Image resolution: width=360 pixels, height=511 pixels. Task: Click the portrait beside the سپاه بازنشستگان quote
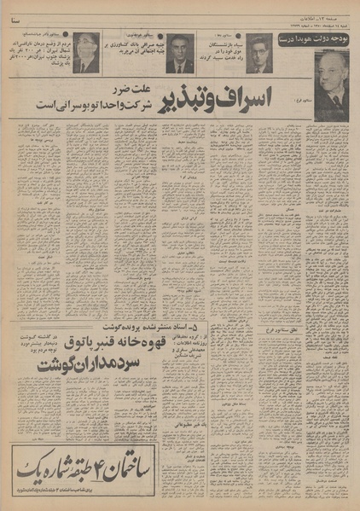tap(259, 53)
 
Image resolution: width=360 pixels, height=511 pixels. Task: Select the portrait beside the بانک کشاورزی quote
tap(178, 53)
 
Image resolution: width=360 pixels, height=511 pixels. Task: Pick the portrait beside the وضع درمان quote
tap(85, 53)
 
